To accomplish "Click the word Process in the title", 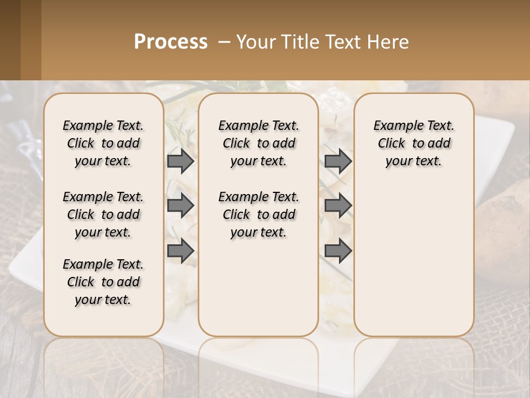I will tap(171, 41).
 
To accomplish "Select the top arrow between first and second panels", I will tap(181, 161).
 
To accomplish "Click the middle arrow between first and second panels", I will tap(181, 206).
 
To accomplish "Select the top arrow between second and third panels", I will tap(338, 161).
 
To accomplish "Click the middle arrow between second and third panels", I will tap(338, 206).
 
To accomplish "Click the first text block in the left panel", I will tap(103, 143).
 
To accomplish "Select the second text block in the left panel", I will tap(103, 214).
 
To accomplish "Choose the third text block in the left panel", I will tap(103, 282).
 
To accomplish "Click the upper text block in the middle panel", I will tap(258, 143).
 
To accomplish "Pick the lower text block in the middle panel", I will tap(258, 214).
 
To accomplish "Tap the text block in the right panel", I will tap(414, 143).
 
